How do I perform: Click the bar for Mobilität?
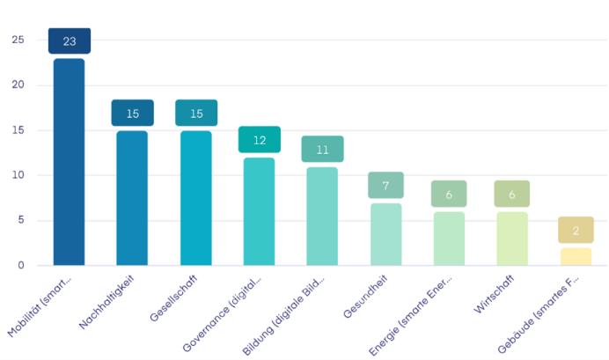pyautogui.click(x=69, y=162)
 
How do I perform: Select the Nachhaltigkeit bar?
pyautogui.click(x=132, y=198)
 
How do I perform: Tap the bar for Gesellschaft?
pyautogui.click(x=195, y=198)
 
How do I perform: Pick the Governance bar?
pyautogui.click(x=259, y=211)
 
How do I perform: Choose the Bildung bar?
pyautogui.click(x=322, y=216)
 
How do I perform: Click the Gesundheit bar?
pyautogui.click(x=385, y=234)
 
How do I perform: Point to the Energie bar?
pyautogui.click(x=449, y=239)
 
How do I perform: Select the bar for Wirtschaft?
pyautogui.click(x=512, y=239)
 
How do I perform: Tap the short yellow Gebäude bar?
pyautogui.click(x=576, y=256)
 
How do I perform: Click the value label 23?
pyautogui.click(x=70, y=41)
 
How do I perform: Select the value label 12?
pyautogui.click(x=260, y=140)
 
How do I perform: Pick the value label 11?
pyautogui.click(x=322, y=149)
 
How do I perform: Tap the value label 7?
pyautogui.click(x=385, y=185)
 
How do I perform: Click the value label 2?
pyautogui.click(x=576, y=230)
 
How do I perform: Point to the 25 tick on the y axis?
pyautogui.click(x=18, y=40)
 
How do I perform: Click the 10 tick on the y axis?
pyautogui.click(x=18, y=175)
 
